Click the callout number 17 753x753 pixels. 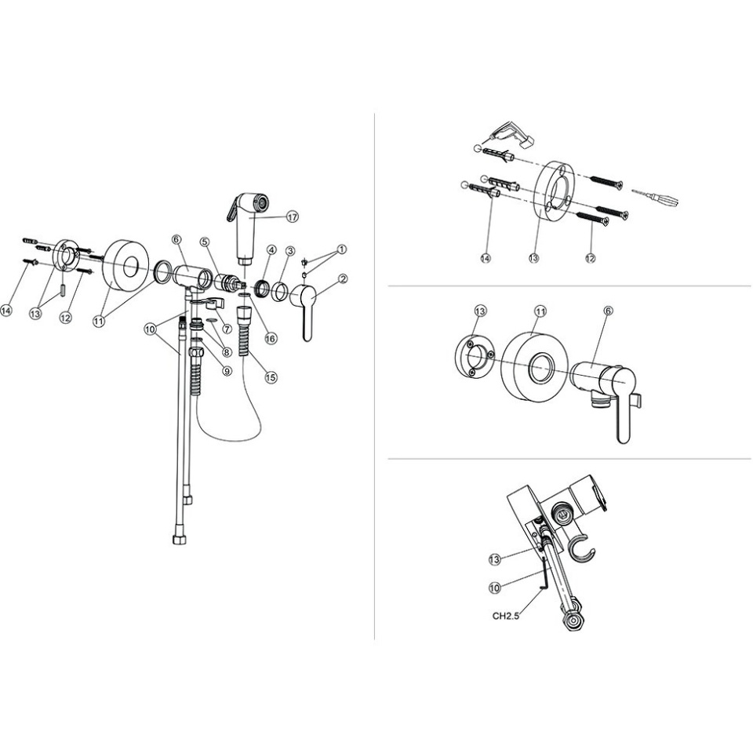[x=293, y=217]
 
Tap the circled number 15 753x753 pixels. [x=271, y=377]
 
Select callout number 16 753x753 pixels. [x=271, y=339]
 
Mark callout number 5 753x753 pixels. [x=205, y=242]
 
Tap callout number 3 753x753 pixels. [x=289, y=251]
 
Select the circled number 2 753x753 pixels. [x=343, y=278]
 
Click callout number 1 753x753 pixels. [x=341, y=249]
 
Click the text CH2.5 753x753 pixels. [x=506, y=616]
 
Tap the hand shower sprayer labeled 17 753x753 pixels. [x=249, y=226]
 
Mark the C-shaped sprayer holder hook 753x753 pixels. [x=581, y=547]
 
